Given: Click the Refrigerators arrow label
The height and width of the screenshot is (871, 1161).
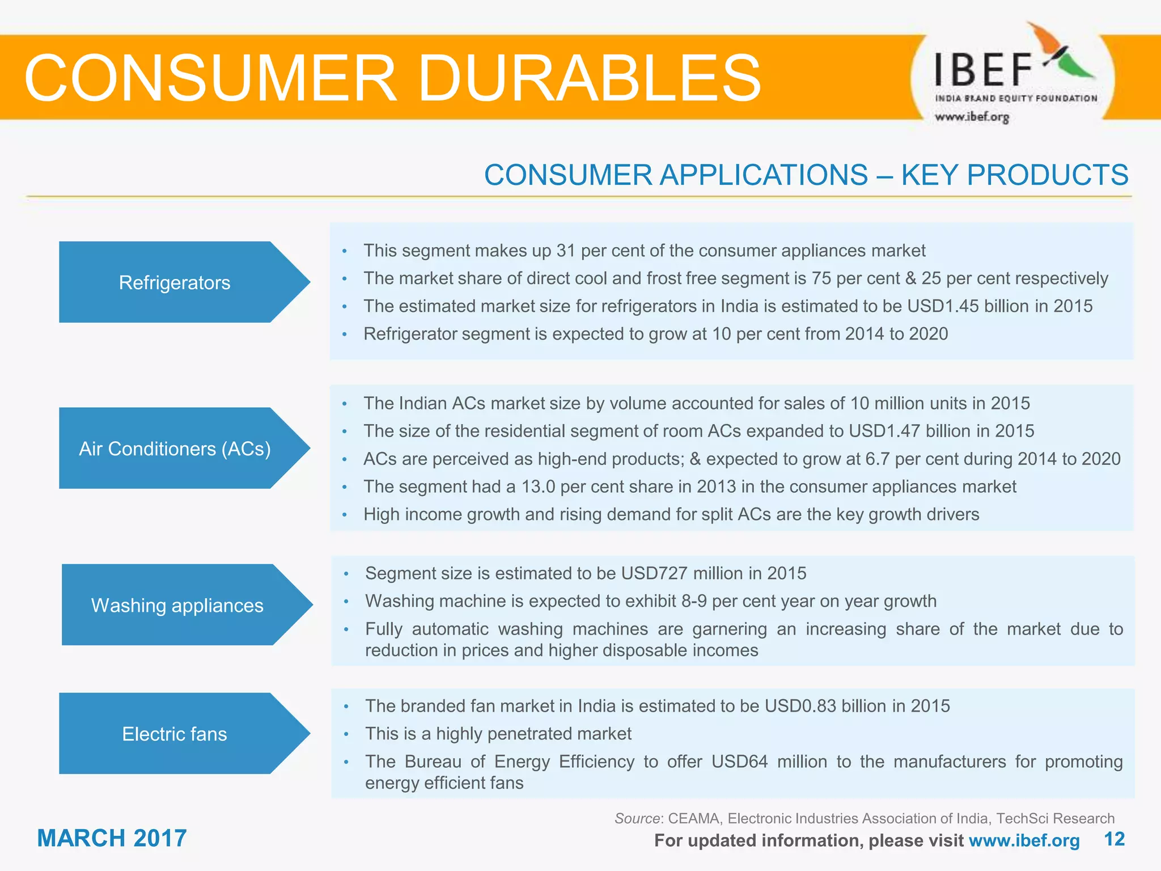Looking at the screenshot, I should point(175,282).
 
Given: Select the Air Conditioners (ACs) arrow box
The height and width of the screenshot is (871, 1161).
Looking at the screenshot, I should point(175,449).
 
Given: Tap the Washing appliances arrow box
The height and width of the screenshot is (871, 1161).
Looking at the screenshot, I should point(177,605).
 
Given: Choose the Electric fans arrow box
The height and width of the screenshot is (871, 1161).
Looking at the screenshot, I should point(175,734).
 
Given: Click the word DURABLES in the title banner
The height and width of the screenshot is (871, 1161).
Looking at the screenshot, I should point(589,78).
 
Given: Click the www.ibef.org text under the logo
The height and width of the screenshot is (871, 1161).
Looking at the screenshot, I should point(972,117).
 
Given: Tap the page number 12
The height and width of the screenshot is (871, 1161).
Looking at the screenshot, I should point(1114,839).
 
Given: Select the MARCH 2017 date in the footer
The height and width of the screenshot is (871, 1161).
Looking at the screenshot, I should point(112,838).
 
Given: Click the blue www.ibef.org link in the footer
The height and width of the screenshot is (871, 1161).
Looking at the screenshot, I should point(1024,840).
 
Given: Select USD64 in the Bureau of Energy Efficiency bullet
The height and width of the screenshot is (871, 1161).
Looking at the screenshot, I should point(739,762).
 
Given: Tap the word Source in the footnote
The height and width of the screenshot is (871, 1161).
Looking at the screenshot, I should point(637,818).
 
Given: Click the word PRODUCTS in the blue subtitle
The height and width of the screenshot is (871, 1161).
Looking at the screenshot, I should point(1047,175).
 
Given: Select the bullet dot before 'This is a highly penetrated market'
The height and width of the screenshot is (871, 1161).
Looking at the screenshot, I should point(346,734).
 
